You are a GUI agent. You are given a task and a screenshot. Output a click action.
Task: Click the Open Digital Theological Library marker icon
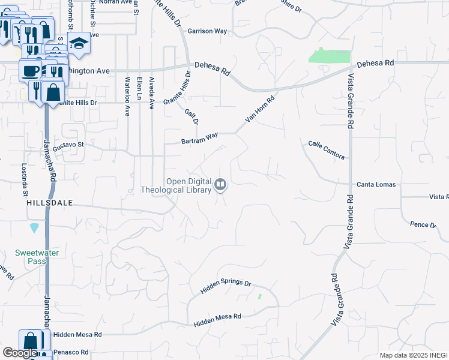tap(220, 185)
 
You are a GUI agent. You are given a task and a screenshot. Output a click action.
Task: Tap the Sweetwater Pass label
tap(37, 257)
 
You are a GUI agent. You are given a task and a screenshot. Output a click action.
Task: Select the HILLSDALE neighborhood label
tap(49, 203)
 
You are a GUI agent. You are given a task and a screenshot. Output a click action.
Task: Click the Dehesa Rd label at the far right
tap(375, 63)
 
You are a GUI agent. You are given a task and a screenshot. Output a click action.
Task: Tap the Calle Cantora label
tap(327, 150)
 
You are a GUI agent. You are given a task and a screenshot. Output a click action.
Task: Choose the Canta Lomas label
tap(376, 184)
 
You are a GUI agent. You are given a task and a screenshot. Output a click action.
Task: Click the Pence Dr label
tap(423, 224)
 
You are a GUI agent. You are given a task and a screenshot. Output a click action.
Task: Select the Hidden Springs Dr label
tap(225, 287)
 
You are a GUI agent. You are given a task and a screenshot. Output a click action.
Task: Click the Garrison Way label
tap(207, 31)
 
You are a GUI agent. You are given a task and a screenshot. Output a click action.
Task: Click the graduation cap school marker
tap(78, 43)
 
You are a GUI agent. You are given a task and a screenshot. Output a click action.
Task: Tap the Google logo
tap(20, 353)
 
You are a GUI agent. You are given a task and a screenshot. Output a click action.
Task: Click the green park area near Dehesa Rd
tap(329, 55)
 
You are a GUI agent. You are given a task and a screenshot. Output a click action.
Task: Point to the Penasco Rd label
tap(71, 352)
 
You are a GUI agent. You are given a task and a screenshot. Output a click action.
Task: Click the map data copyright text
tap(414, 355)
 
